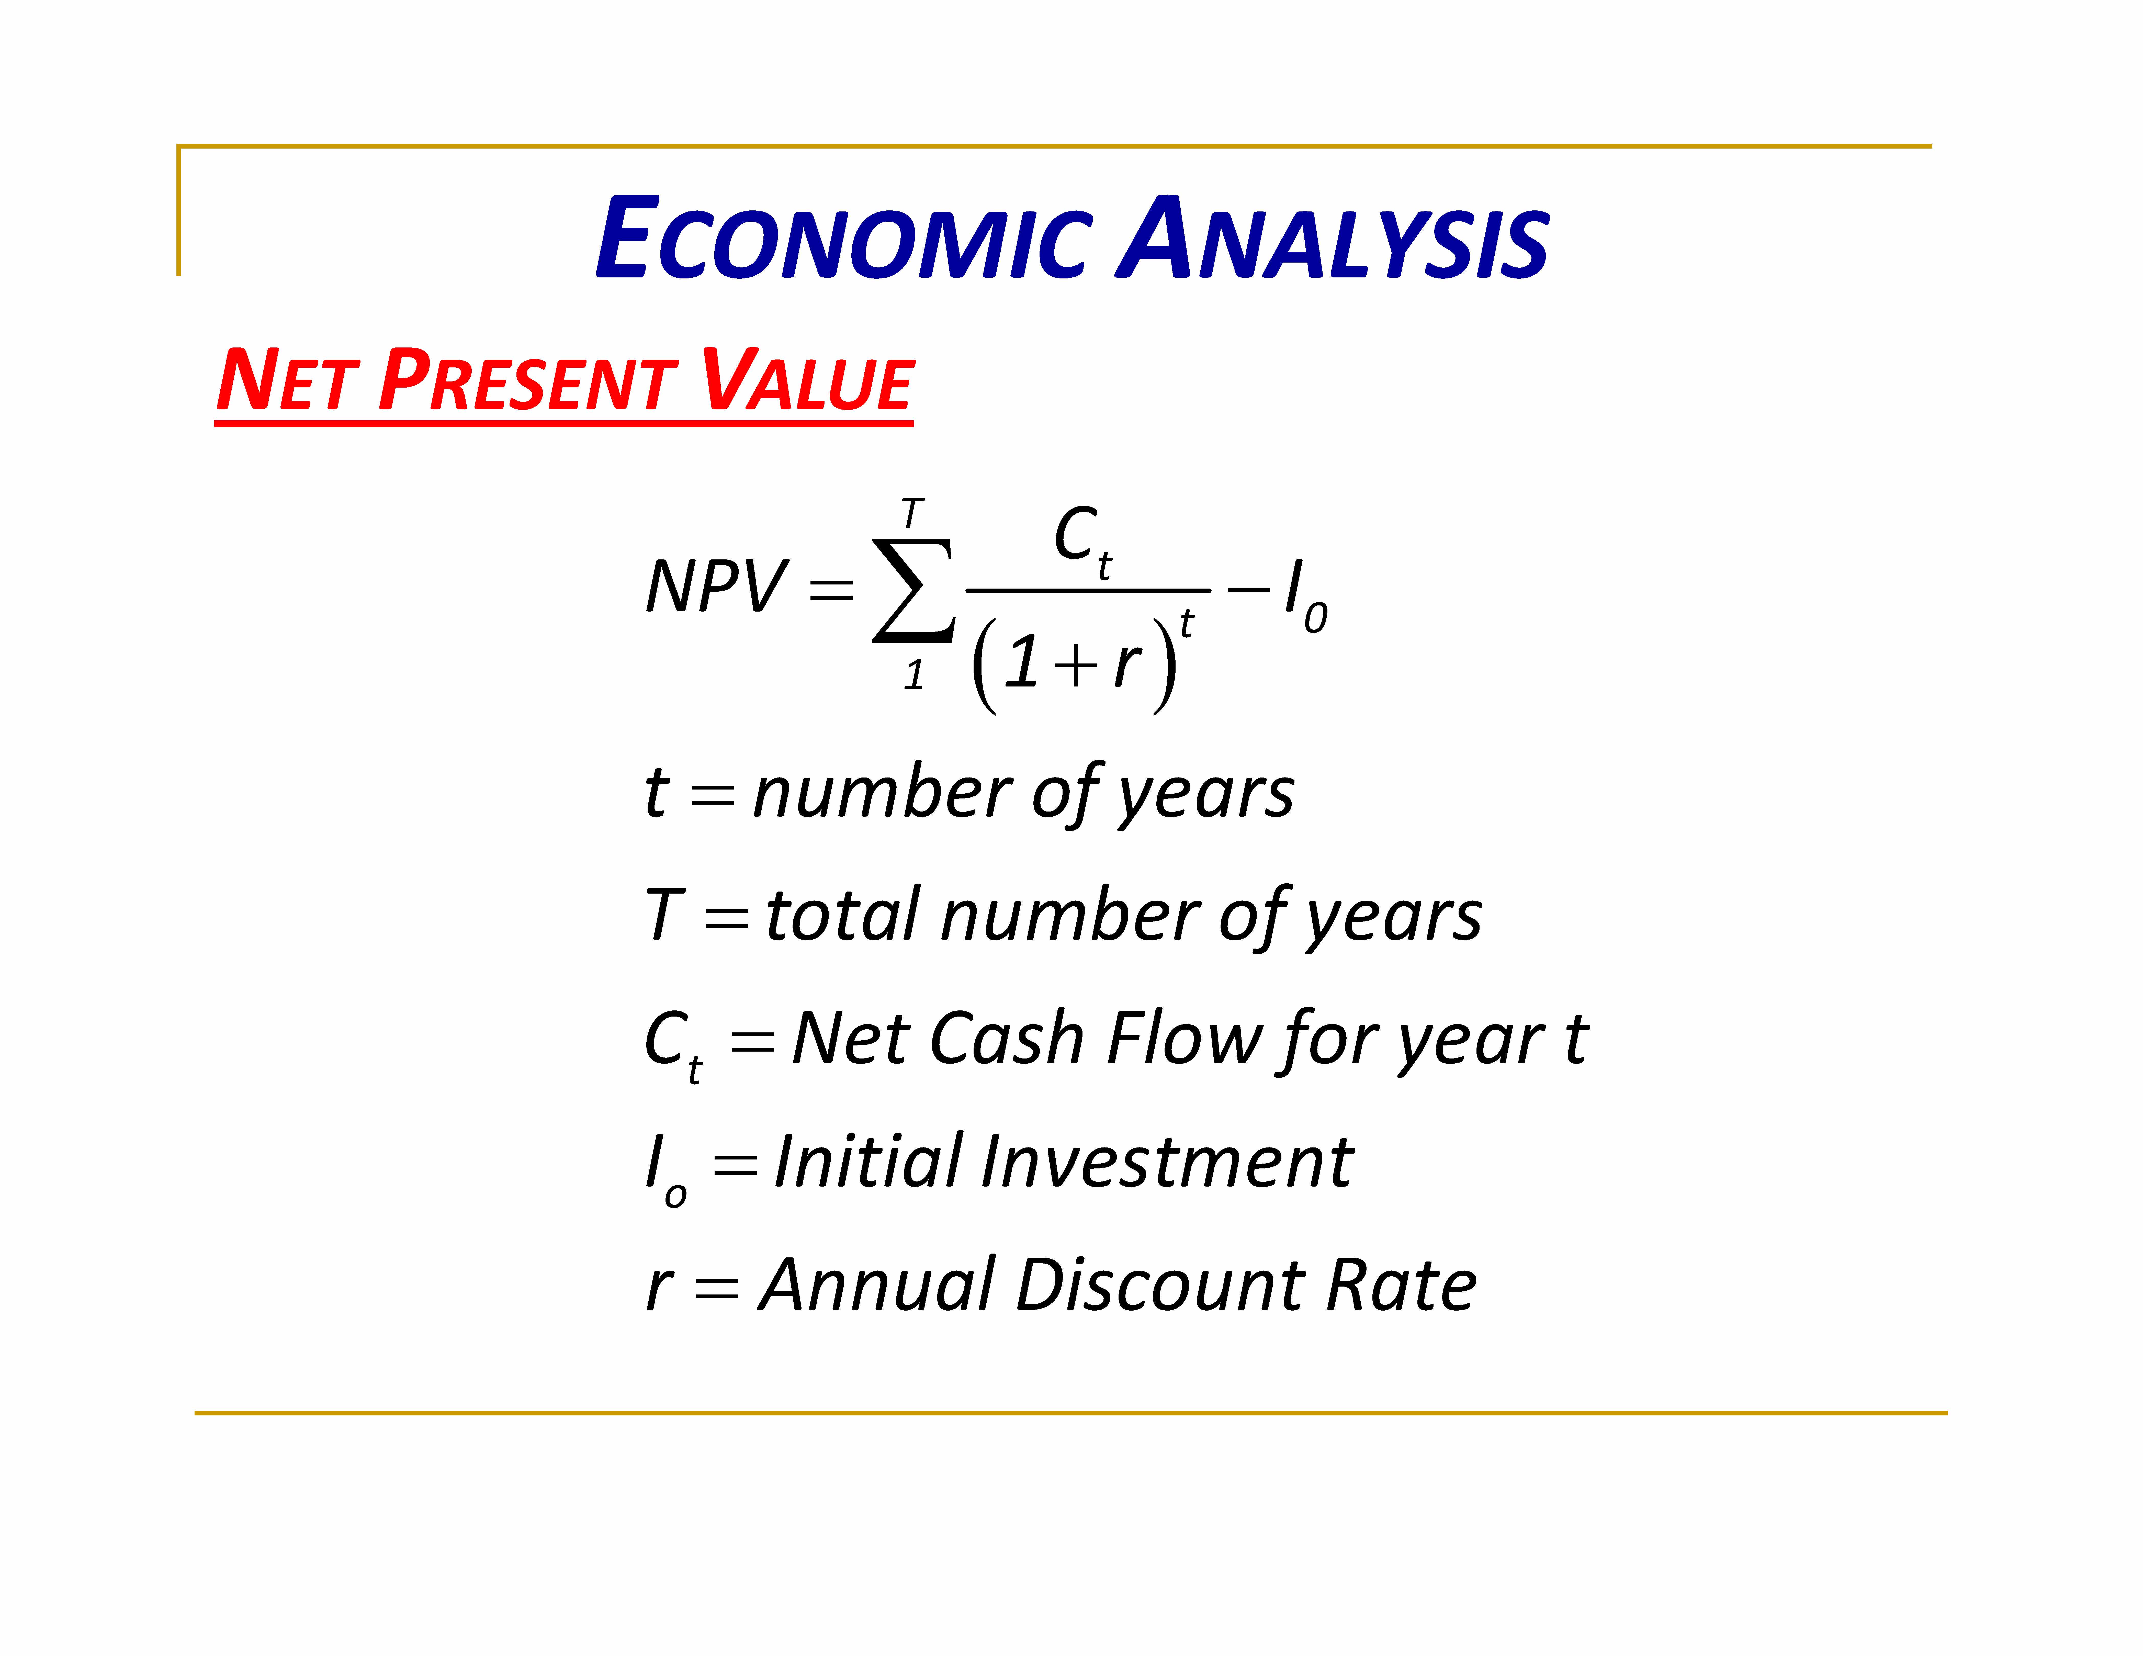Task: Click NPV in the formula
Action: (715, 587)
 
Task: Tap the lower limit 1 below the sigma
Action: (913, 675)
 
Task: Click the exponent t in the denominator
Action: (1186, 623)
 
